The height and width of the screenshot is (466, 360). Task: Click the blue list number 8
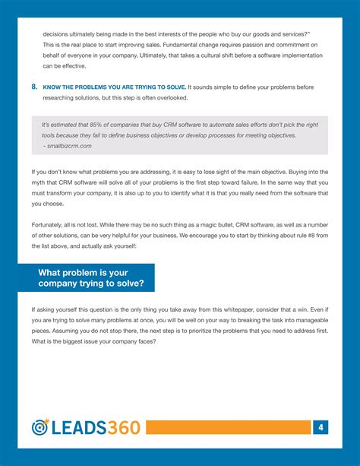[35, 87]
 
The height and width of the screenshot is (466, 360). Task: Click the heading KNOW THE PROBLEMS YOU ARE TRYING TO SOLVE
[113, 88]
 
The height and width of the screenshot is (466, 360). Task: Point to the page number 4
[322, 428]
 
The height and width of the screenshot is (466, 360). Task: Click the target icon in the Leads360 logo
[40, 428]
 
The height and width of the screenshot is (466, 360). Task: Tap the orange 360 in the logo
[120, 428]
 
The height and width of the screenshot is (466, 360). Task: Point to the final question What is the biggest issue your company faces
[93, 341]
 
